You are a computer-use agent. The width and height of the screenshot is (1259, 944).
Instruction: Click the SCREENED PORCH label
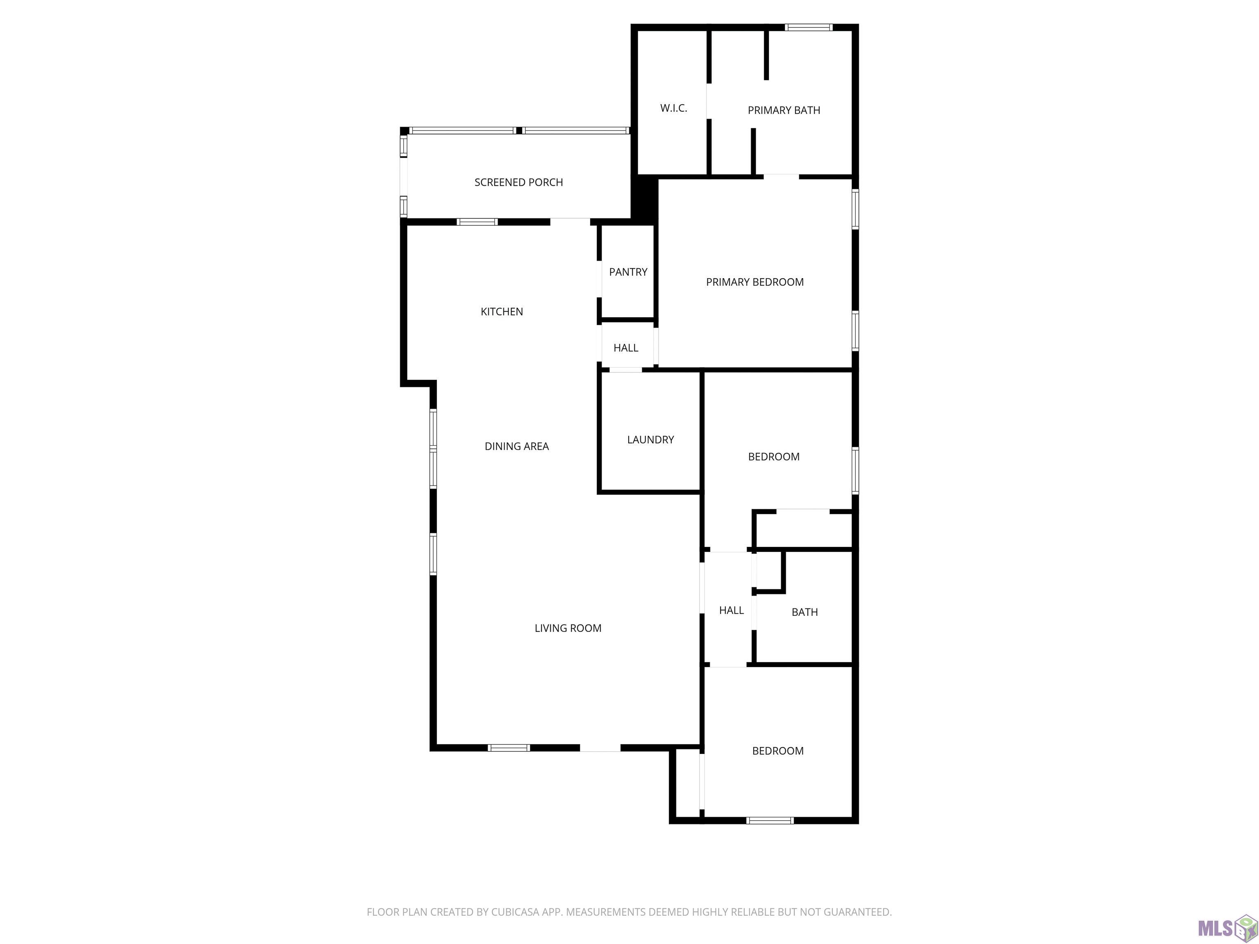point(518,182)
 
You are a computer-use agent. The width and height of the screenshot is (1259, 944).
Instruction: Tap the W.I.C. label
point(673,108)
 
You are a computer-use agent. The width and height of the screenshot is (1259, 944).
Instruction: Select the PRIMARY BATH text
point(784,110)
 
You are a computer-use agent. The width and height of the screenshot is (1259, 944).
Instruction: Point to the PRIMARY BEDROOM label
point(755,282)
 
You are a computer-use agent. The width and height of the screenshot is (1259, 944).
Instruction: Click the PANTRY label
point(628,272)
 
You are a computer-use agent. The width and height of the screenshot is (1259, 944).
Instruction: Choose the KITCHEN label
point(502,312)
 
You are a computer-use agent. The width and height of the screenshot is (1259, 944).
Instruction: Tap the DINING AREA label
point(516,447)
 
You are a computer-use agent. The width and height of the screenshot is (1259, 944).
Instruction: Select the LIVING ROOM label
point(568,628)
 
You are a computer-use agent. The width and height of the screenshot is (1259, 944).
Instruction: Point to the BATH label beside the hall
point(804,612)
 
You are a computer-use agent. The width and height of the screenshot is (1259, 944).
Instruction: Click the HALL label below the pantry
point(625,348)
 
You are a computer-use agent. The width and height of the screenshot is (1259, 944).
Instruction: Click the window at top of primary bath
point(809,27)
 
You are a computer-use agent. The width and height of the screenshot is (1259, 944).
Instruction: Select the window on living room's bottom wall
point(509,748)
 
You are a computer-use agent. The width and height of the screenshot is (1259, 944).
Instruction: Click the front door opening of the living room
point(600,748)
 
